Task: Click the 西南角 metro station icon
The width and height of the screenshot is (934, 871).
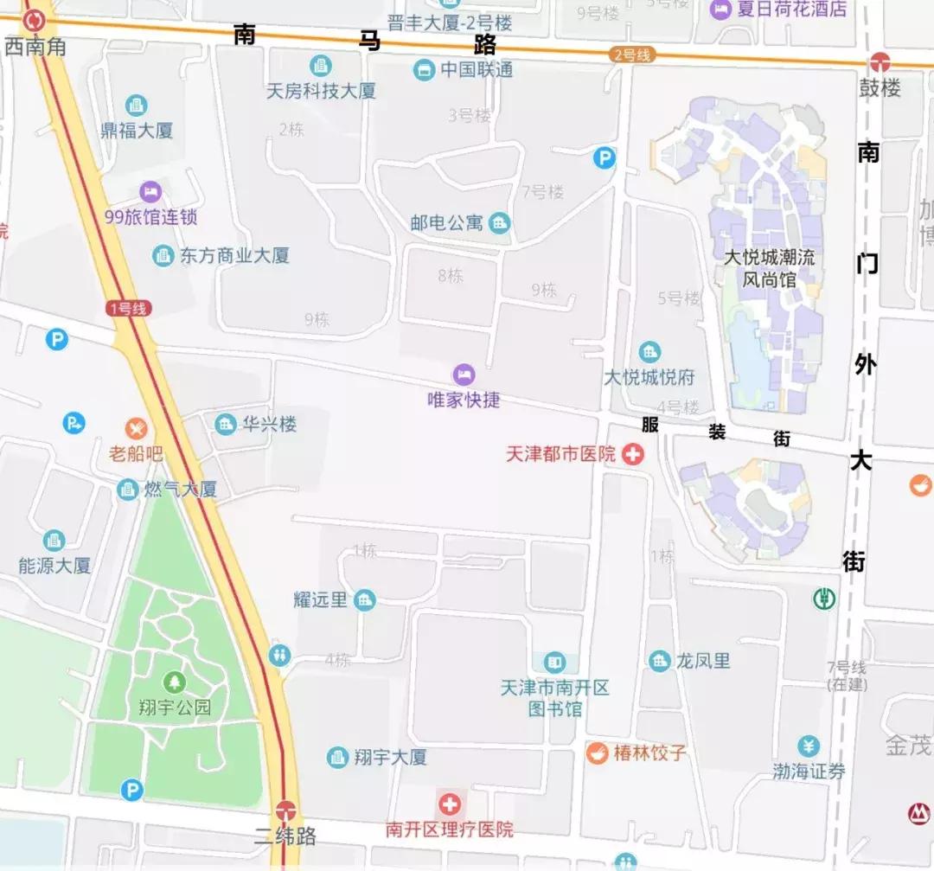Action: (35, 18)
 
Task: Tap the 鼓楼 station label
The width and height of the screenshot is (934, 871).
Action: (880, 87)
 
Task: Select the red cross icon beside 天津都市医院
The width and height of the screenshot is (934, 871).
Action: (633, 453)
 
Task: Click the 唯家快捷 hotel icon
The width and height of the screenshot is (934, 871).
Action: (464, 375)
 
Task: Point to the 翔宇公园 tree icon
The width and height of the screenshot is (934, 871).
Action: (176, 682)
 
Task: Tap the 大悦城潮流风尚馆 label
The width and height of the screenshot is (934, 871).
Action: (770, 268)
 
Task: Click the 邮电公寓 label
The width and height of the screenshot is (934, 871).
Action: (446, 222)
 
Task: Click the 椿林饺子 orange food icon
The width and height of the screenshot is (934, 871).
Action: (597, 753)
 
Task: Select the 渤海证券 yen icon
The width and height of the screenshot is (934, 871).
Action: (809, 746)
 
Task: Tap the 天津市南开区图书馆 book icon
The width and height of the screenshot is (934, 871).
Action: (554, 663)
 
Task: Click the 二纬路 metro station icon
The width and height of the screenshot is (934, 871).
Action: (285, 811)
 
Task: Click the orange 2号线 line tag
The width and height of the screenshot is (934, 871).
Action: (631, 54)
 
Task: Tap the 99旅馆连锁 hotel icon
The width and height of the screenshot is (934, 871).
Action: (150, 191)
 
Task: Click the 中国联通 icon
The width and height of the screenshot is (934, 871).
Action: (424, 69)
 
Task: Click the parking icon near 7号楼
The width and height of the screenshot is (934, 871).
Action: (604, 158)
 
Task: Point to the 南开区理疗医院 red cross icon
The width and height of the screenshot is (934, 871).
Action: (449, 804)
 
